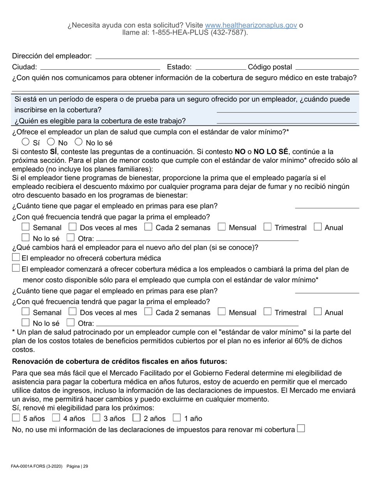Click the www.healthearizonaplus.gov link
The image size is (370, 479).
(x=251, y=25)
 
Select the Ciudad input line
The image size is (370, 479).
(x=100, y=67)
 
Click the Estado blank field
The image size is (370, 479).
(x=220, y=67)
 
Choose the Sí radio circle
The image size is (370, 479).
(x=26, y=142)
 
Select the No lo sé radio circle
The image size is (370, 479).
(x=79, y=142)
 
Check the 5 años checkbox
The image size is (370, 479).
(x=16, y=418)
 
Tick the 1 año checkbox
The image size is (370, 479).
(x=177, y=418)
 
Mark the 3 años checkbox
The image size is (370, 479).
(x=96, y=418)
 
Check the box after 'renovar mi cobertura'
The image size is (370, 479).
(x=301, y=429)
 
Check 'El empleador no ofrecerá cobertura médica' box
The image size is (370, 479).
(x=16, y=257)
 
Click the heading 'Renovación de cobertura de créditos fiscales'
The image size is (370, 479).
(x=120, y=362)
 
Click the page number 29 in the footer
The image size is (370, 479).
(x=86, y=466)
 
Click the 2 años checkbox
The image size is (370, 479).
(x=136, y=418)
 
